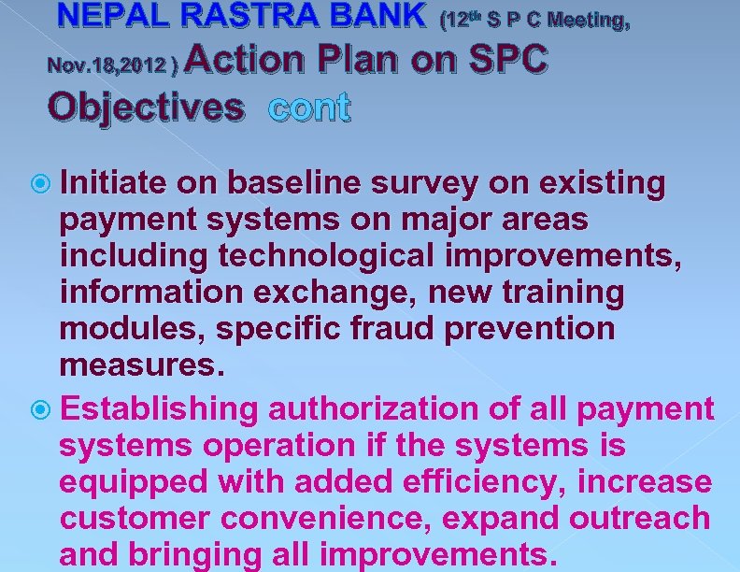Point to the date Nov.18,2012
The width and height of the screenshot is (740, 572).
pyautogui.click(x=109, y=66)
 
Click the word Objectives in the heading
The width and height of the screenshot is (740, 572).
pyautogui.click(x=145, y=107)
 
